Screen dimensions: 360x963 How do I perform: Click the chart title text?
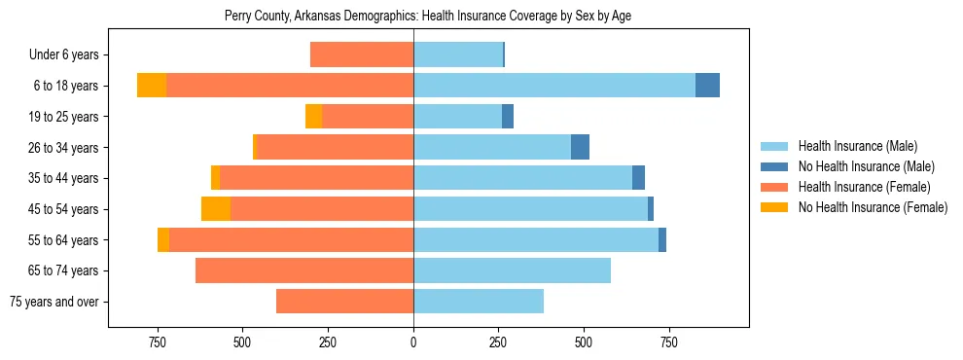coord(428,16)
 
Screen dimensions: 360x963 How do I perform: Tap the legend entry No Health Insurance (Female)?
coord(873,207)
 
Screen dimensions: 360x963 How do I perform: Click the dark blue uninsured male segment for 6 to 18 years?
coord(707,86)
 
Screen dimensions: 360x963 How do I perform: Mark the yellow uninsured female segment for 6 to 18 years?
coord(152,86)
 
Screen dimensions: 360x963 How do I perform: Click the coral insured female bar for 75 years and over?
coord(344,302)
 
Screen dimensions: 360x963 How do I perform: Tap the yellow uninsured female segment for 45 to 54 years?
coord(216,209)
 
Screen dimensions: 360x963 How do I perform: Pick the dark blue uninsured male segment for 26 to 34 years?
coord(580,147)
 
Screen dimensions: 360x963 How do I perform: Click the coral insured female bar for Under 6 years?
coord(362,55)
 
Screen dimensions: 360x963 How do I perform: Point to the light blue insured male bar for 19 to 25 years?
coord(457,117)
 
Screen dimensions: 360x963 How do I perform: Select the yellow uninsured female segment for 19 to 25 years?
coord(313,117)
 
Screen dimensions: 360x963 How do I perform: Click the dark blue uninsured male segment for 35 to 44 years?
coord(638,178)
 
